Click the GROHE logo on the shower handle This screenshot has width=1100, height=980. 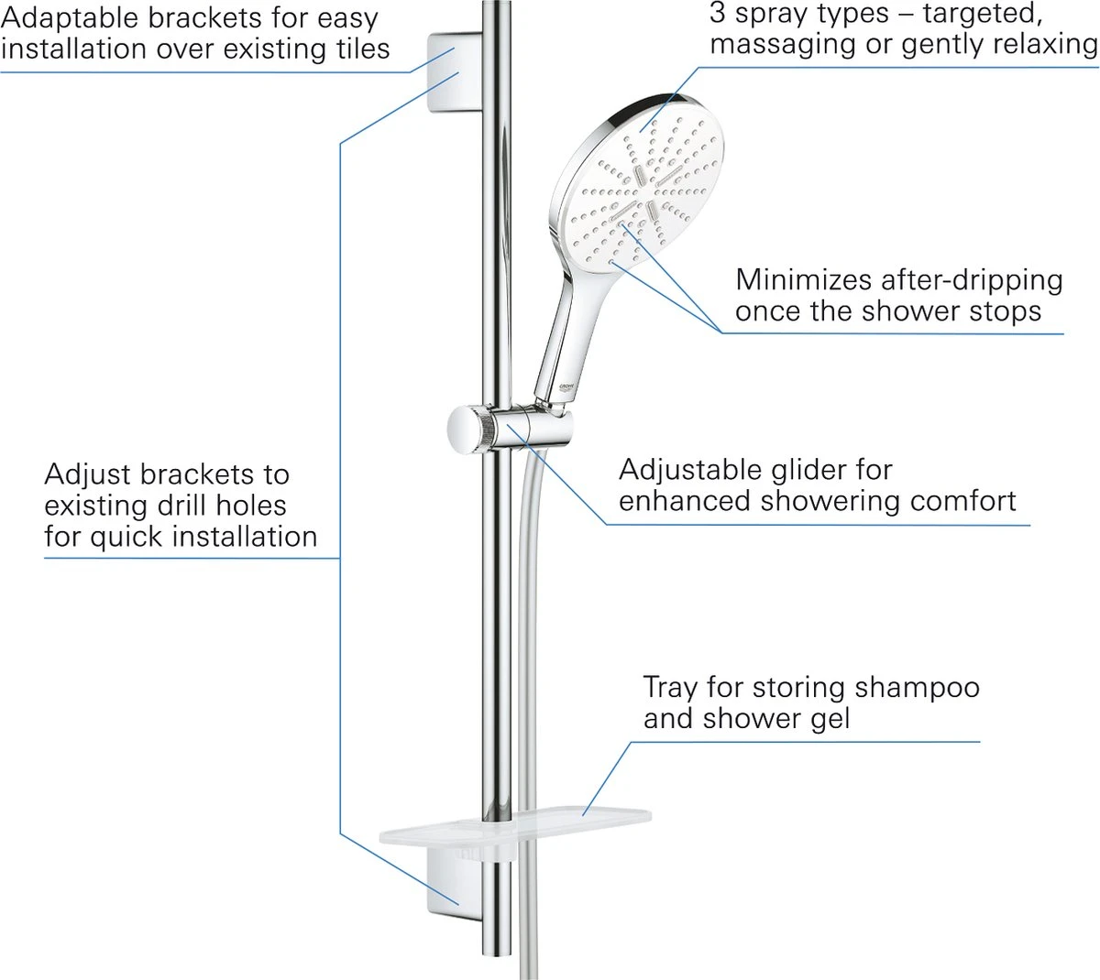click(566, 389)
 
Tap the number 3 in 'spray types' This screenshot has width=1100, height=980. click(718, 13)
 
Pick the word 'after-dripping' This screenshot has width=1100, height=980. click(971, 279)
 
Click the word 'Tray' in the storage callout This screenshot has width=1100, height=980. click(666, 687)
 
